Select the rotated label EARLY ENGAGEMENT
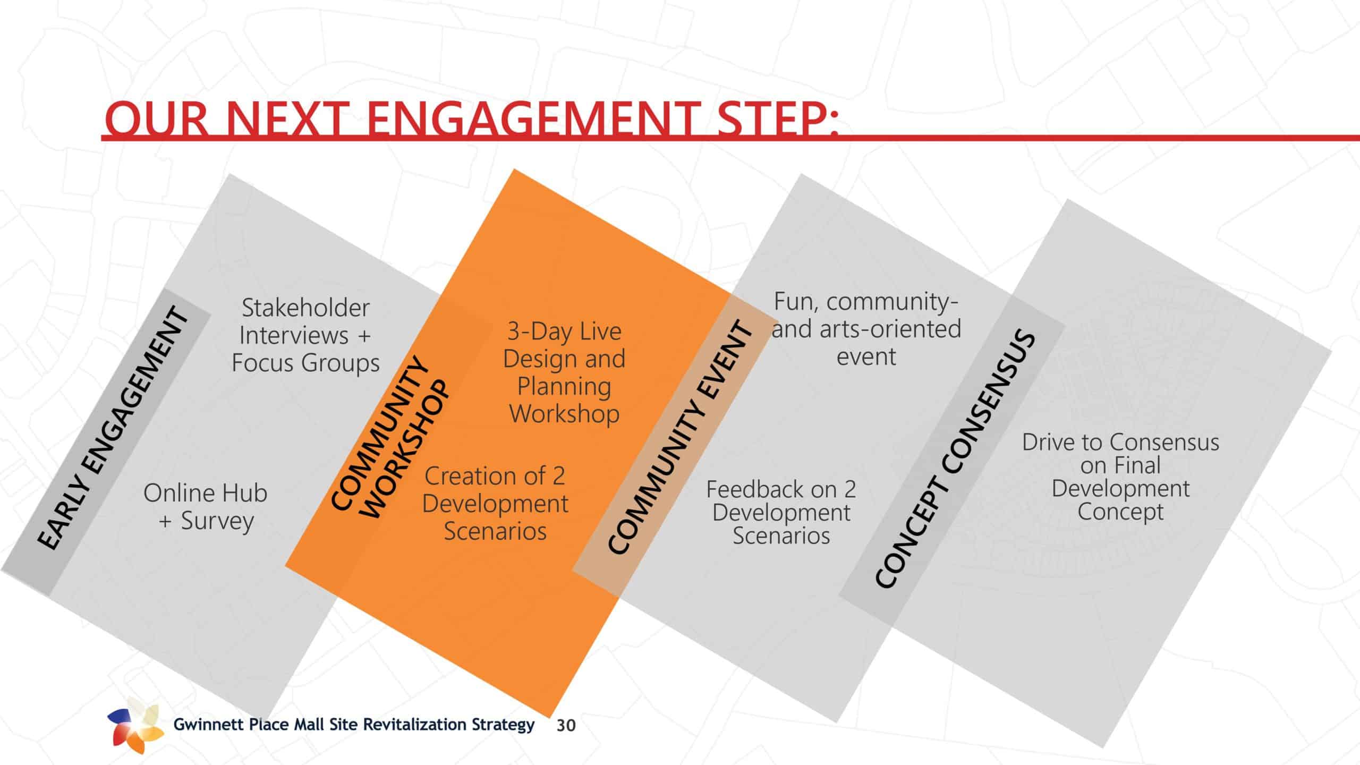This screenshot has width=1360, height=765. [x=113, y=428]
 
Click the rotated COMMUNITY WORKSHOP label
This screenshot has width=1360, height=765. [x=390, y=438]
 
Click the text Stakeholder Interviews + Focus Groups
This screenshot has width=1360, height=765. [x=305, y=335]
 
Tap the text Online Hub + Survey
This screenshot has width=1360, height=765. [x=206, y=507]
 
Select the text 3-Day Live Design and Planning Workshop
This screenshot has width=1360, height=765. [x=564, y=372]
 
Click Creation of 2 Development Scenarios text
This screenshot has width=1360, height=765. [x=495, y=503]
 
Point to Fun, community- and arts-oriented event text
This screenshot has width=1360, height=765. [x=866, y=329]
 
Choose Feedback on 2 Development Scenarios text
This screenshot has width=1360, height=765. [x=781, y=512]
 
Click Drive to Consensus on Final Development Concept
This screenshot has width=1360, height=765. [x=1121, y=477]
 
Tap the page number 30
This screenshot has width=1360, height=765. [x=566, y=726]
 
